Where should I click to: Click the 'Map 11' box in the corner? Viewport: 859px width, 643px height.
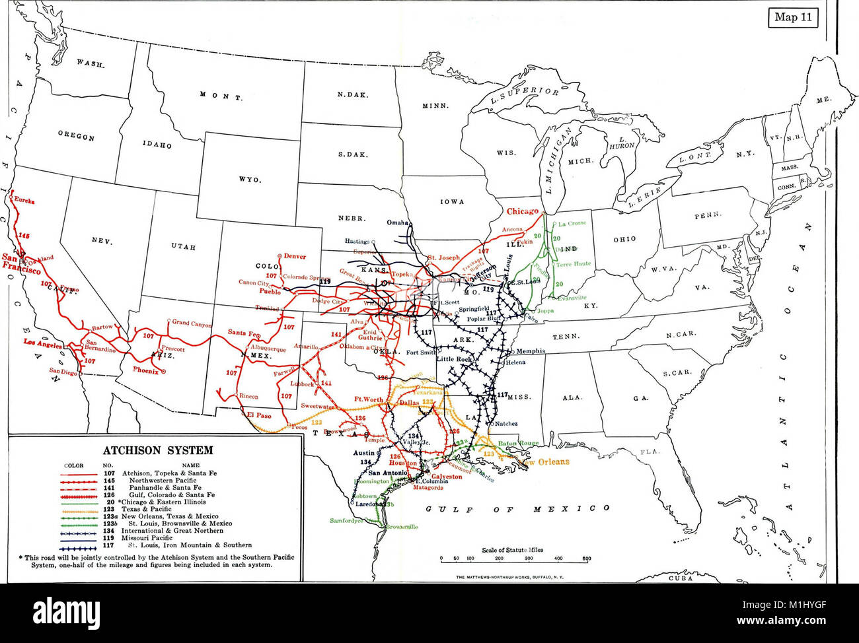click(x=793, y=18)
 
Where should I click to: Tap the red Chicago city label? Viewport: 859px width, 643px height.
click(x=523, y=212)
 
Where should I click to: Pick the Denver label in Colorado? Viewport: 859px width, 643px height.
click(x=295, y=256)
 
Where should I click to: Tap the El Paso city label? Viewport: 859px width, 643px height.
click(x=259, y=415)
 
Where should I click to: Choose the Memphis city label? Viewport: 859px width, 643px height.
click(x=530, y=351)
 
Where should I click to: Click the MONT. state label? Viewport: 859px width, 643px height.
click(x=221, y=96)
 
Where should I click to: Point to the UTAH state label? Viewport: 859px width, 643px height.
click(x=183, y=246)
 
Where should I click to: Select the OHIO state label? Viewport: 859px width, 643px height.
click(x=624, y=239)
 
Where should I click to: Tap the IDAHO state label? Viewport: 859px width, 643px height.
click(x=157, y=144)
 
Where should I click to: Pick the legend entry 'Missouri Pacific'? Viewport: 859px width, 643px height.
click(x=150, y=538)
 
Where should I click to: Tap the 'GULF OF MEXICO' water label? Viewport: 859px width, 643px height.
click(x=517, y=508)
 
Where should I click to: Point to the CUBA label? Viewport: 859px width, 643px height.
click(x=681, y=578)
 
